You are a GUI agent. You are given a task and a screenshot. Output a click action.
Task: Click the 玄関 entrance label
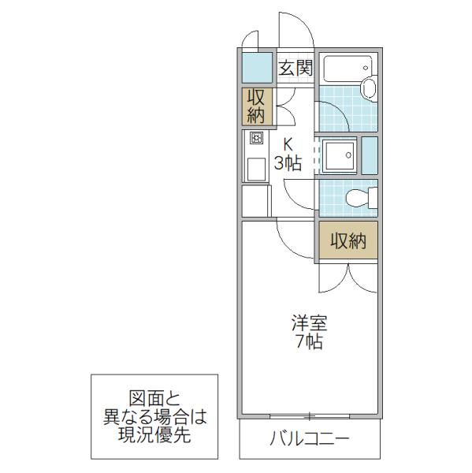[x=295, y=68]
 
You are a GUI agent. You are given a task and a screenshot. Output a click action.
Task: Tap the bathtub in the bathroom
[x=347, y=69]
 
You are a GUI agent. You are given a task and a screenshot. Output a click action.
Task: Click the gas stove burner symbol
[x=256, y=138]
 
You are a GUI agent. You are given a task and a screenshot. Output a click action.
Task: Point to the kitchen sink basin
[x=256, y=169]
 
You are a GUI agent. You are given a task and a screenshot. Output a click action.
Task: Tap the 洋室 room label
[x=309, y=323]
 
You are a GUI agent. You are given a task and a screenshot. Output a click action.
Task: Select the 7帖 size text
[x=309, y=342]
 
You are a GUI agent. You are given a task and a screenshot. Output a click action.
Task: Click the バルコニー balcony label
[x=310, y=438]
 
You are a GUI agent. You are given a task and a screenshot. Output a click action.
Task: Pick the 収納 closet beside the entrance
[x=257, y=106]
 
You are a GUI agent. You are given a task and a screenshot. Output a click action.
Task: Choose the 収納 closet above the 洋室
[x=348, y=240]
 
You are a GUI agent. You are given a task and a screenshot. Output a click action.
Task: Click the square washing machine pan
[x=339, y=155]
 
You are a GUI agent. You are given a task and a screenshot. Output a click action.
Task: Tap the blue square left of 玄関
[x=257, y=68]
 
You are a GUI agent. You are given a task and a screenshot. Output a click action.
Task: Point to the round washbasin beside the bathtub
[x=369, y=88]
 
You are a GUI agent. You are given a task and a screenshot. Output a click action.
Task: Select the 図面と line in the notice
[x=154, y=398]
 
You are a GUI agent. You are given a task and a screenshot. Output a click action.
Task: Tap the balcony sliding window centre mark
[x=309, y=416]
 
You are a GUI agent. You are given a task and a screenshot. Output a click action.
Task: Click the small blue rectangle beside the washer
[x=370, y=155]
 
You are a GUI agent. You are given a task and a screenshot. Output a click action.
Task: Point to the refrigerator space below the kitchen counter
[x=255, y=200]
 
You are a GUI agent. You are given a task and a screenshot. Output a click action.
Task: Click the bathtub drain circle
[x=366, y=68]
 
